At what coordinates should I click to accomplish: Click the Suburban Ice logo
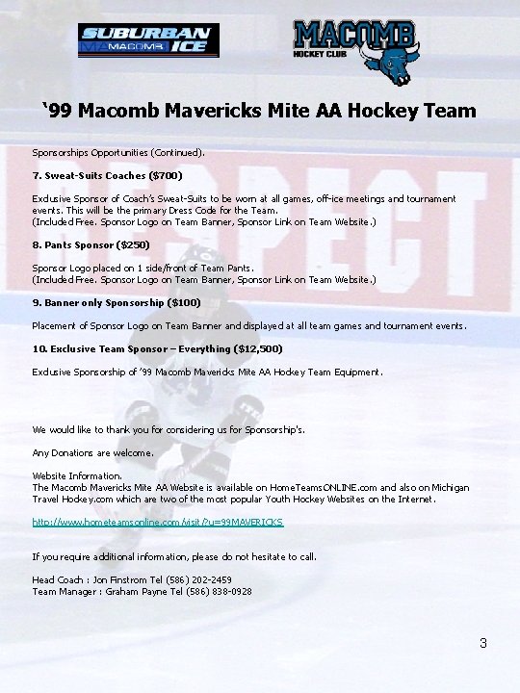click(x=148, y=40)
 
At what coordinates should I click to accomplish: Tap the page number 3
click(x=483, y=643)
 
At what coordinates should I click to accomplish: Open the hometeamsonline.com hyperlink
click(x=158, y=522)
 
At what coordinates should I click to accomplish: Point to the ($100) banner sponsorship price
click(x=184, y=302)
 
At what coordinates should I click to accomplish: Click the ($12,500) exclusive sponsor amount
click(x=224, y=348)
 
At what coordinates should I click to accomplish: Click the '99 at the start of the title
click(x=59, y=111)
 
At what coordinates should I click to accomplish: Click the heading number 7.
click(x=36, y=176)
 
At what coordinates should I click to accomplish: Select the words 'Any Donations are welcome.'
click(x=92, y=452)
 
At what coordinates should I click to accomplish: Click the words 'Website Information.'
click(x=77, y=475)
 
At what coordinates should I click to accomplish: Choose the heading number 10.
click(x=39, y=348)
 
